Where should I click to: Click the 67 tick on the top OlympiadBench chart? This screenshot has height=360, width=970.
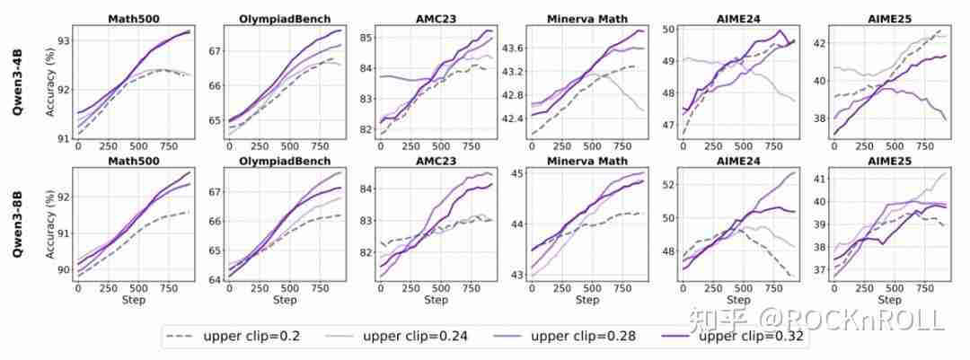tap(216, 51)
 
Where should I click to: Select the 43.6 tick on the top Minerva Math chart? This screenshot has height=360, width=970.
tap(512, 48)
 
